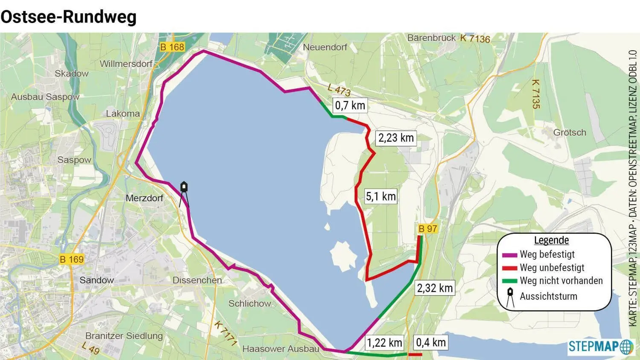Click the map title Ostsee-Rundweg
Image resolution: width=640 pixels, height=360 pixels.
[68, 17]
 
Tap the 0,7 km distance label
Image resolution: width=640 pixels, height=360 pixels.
[350, 105]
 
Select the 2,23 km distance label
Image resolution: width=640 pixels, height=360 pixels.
[396, 138]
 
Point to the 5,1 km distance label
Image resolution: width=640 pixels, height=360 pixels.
[381, 196]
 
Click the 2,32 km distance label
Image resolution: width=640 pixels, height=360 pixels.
[435, 288]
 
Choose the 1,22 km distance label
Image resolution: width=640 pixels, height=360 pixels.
[384, 343]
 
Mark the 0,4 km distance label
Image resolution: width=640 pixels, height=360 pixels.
[431, 342]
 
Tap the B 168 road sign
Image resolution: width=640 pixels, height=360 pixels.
[172, 47]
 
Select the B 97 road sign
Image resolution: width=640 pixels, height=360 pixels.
[428, 229]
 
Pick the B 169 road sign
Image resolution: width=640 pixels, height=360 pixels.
[71, 259]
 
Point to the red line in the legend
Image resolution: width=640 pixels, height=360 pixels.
[509, 268]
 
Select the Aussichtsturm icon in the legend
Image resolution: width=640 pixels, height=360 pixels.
[510, 297]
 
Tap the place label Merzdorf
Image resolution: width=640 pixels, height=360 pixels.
[144, 198]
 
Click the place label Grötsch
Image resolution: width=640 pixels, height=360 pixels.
[570, 133]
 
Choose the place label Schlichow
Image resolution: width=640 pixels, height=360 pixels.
[250, 304]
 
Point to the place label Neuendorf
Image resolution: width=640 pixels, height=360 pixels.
[325, 47]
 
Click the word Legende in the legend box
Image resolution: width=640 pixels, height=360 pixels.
[551, 240]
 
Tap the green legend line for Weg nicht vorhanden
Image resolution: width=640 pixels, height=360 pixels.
[509, 281]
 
